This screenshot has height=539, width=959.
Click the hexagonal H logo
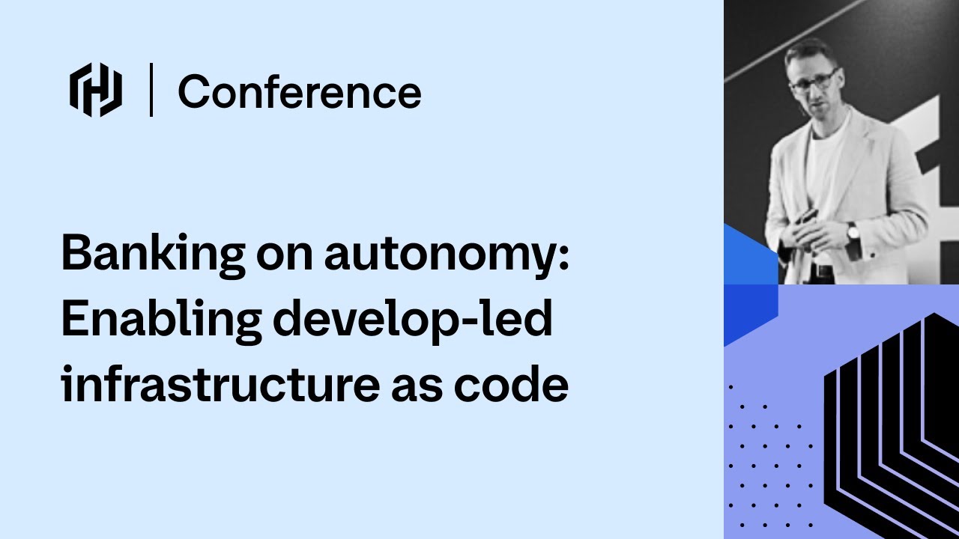pyautogui.click(x=96, y=91)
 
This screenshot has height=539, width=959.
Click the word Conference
pyautogui.click(x=299, y=92)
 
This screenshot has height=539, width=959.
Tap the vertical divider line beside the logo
pyautogui.click(x=151, y=91)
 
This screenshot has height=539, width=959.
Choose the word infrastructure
pyautogui.click(x=219, y=385)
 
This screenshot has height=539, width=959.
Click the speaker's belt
pyautogui.click(x=823, y=271)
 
